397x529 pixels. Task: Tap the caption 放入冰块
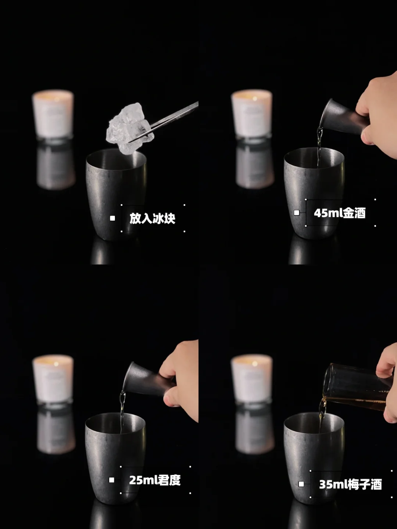click(152, 218)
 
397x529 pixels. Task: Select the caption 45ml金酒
click(340, 213)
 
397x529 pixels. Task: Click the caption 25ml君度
click(155, 480)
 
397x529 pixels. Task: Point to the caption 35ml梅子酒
click(350, 485)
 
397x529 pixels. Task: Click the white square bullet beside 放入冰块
click(112, 218)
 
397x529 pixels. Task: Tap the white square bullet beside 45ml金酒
click(297, 213)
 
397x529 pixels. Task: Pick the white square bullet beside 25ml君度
click(112, 480)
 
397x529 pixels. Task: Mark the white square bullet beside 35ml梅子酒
click(301, 484)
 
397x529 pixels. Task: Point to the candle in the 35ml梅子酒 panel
click(252, 379)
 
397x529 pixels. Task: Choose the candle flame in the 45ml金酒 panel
click(254, 98)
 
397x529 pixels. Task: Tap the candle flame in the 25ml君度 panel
click(56, 363)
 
